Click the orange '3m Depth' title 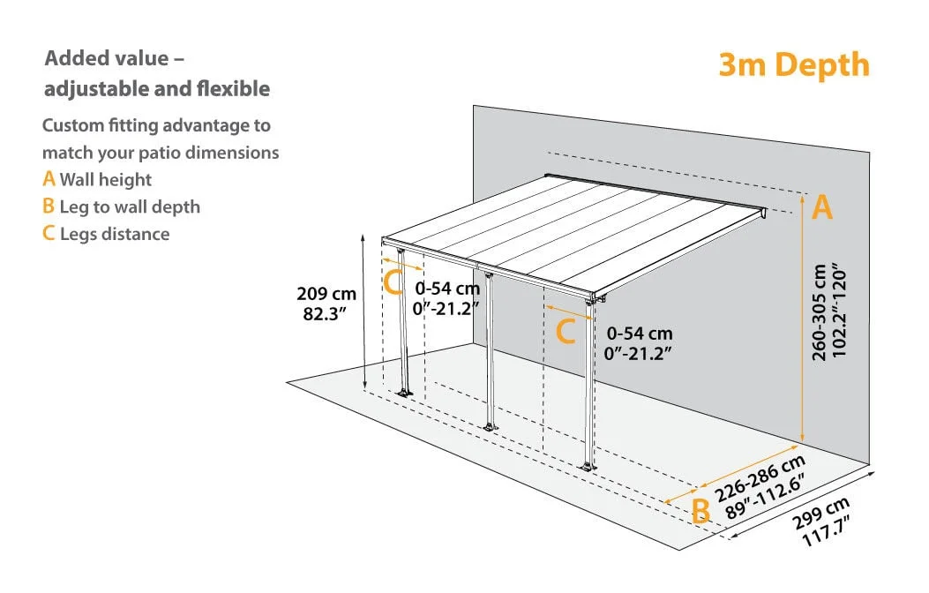[794, 65]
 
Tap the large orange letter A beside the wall [821, 207]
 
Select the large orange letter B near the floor [700, 510]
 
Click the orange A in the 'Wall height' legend [49, 178]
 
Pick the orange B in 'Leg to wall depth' [49, 206]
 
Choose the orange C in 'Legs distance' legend [49, 233]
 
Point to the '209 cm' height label [326, 293]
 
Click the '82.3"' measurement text [324, 313]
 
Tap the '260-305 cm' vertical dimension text [820, 312]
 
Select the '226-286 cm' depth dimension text [760, 478]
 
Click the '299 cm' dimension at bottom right [820, 513]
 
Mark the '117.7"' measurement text [827, 531]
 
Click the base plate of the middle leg [489, 427]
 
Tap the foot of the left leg [405, 393]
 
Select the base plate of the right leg [588, 467]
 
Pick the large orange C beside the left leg [393, 282]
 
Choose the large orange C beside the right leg [566, 331]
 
